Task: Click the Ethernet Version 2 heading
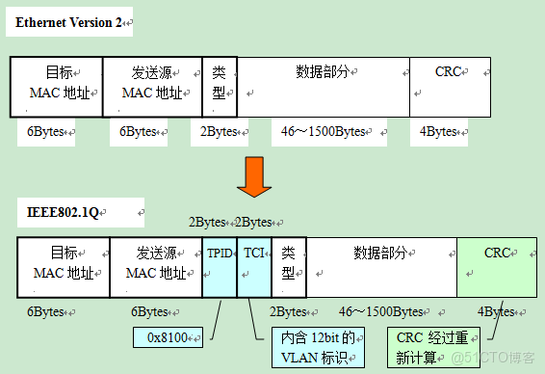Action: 65,22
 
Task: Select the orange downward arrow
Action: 251,175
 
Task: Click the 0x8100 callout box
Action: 169,337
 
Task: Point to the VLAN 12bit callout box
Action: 318,347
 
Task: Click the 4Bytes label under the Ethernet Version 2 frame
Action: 439,132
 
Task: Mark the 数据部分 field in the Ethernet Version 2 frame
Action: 324,87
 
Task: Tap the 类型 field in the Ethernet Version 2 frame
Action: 220,87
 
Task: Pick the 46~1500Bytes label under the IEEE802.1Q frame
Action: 381,311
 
